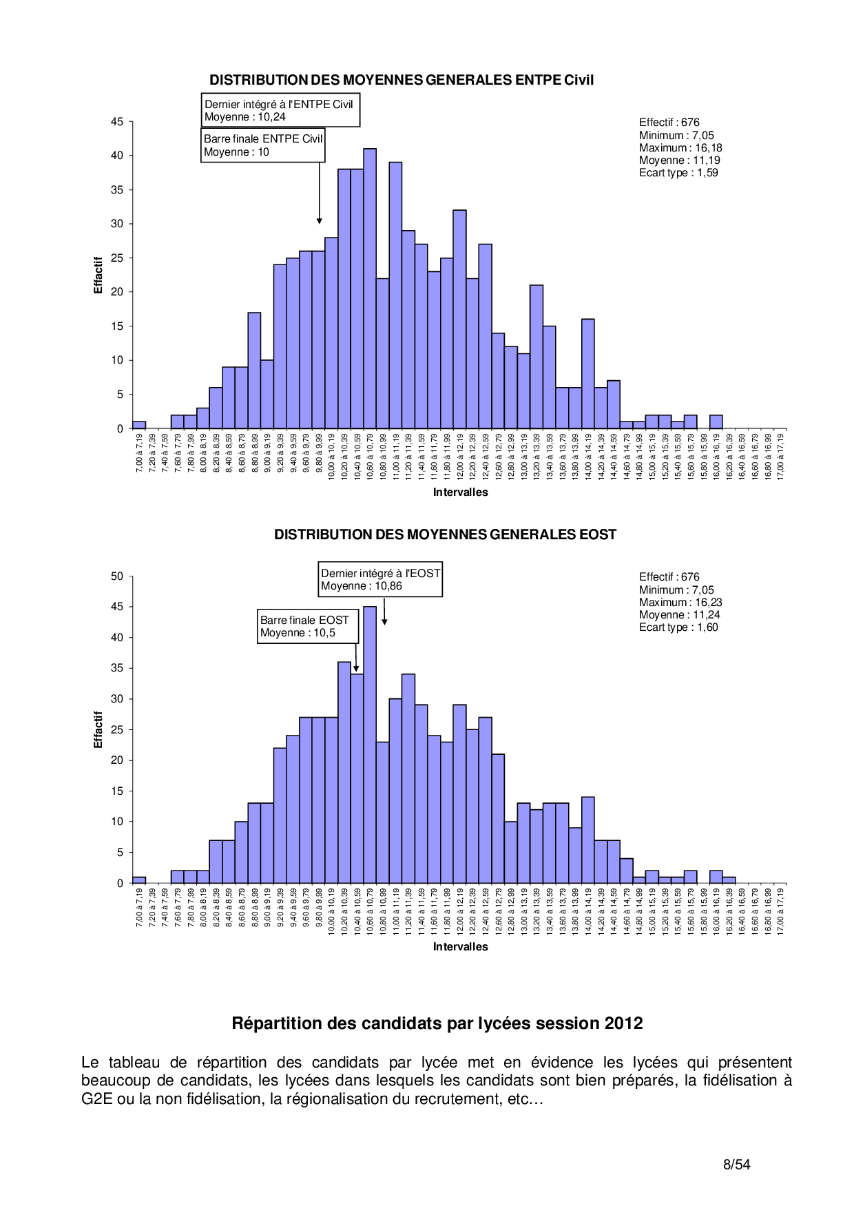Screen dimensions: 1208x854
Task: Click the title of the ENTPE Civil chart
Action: (402, 80)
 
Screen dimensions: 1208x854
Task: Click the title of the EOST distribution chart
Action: (445, 534)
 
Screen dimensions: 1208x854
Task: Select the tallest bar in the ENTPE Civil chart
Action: (370, 288)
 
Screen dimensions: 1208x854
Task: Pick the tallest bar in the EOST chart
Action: (370, 744)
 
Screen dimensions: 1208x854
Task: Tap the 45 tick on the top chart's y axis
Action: (117, 122)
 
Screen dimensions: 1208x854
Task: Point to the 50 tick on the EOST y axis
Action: (117, 576)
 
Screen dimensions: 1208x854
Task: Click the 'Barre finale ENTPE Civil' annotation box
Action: (262, 145)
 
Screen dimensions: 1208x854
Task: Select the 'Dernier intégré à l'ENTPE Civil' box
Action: (280, 110)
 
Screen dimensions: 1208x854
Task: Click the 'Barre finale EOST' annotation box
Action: (308, 626)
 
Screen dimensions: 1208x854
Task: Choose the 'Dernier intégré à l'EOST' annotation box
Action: (380, 579)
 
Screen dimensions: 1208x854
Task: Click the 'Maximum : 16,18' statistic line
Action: (680, 148)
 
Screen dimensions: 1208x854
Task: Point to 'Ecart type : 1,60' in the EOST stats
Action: (678, 627)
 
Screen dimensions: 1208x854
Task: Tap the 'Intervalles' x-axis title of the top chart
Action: (460, 492)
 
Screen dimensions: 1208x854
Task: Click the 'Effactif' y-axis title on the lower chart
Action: (98, 730)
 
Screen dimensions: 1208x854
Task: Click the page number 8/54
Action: (736, 1165)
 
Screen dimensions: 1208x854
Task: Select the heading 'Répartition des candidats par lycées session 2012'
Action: (437, 1023)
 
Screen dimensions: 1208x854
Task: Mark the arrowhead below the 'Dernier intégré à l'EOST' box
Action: (384, 622)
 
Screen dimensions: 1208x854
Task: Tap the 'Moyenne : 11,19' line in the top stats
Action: (679, 160)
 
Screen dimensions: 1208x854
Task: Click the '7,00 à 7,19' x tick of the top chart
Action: (140, 452)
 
